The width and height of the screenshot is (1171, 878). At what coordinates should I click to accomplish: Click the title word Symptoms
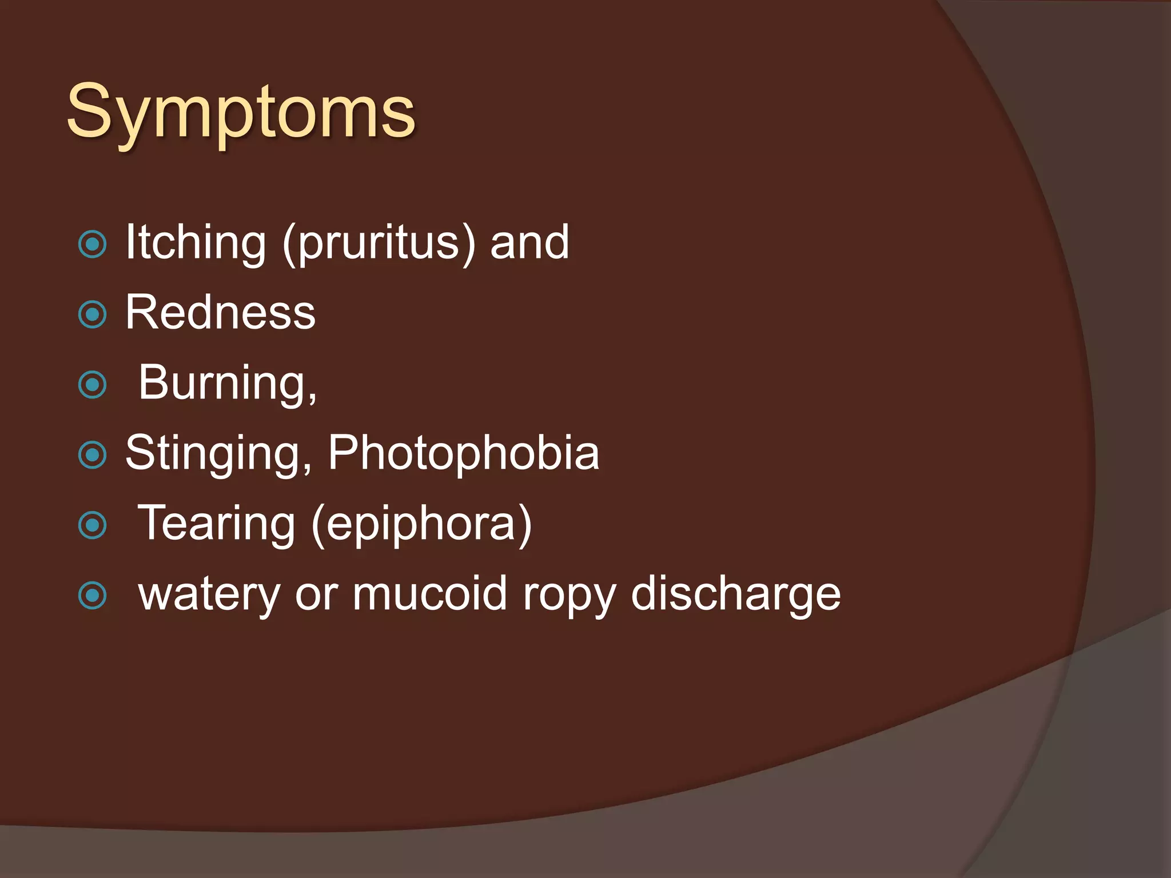pyautogui.click(x=241, y=111)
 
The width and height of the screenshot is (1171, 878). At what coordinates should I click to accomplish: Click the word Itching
pyautogui.click(x=196, y=242)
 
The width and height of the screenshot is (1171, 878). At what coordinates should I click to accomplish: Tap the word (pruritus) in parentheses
pyautogui.click(x=379, y=244)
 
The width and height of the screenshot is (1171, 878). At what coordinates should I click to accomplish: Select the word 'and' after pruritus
pyautogui.click(x=529, y=242)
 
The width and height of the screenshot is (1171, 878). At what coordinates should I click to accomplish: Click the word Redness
pyautogui.click(x=220, y=313)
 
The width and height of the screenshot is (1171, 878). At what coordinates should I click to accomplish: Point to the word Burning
pyautogui.click(x=227, y=382)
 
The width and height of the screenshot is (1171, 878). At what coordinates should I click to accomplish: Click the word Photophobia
pyautogui.click(x=463, y=453)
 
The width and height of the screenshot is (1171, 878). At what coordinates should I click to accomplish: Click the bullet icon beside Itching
pyautogui.click(x=92, y=245)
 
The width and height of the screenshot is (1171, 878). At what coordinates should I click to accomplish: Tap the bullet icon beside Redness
pyautogui.click(x=92, y=314)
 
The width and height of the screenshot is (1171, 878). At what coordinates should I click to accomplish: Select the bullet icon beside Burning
pyautogui.click(x=92, y=385)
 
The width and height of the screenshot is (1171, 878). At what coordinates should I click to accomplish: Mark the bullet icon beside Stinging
pyautogui.click(x=92, y=455)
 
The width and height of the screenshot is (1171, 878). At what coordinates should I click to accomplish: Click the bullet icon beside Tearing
pyautogui.click(x=92, y=525)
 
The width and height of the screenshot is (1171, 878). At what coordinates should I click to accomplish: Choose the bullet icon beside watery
pyautogui.click(x=92, y=596)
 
